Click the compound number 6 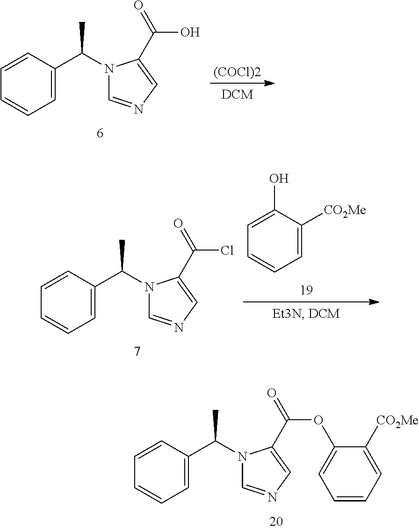(100, 133)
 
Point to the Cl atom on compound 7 (227, 251)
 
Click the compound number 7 (137, 351)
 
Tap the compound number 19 (307, 290)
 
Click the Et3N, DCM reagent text (306, 315)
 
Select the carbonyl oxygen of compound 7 (178, 224)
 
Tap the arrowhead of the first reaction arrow (268, 84)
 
